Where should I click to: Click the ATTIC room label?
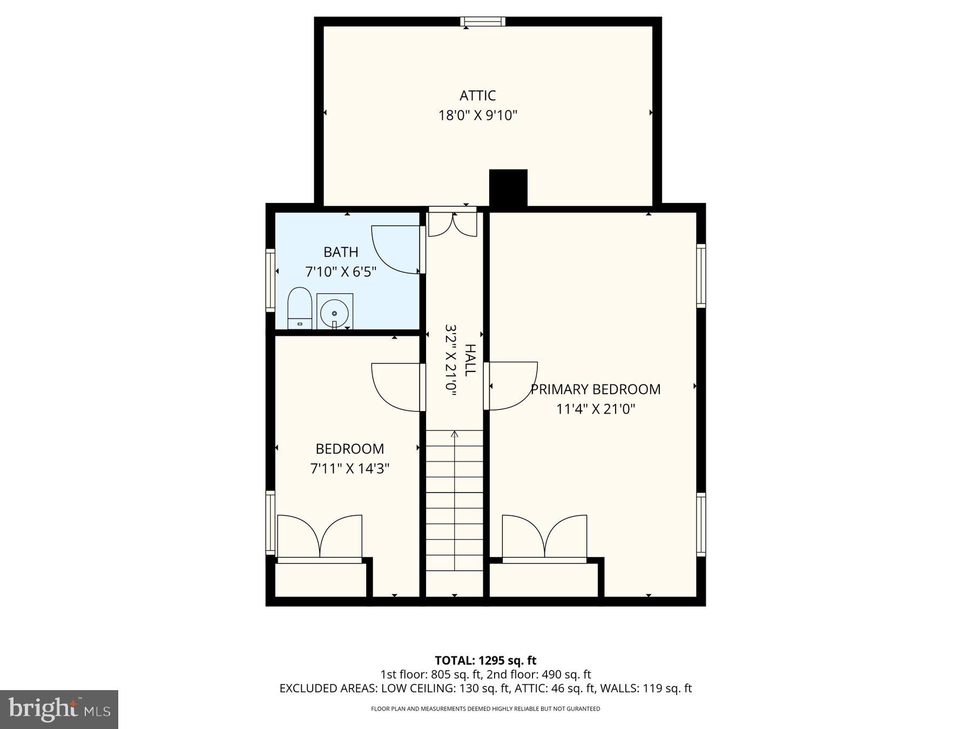(477, 96)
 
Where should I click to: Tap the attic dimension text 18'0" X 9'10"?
(477, 115)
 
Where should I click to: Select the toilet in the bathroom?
(300, 308)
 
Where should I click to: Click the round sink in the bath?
(334, 312)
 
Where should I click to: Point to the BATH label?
(341, 252)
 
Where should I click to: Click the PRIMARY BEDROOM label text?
(595, 389)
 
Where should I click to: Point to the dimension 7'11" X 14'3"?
(349, 468)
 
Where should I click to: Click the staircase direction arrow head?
(454, 433)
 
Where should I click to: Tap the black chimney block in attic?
(508, 188)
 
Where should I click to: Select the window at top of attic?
(483, 22)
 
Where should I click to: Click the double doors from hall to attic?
(453, 224)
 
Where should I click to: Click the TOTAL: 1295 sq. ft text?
(485, 660)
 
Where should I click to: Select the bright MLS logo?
(59, 709)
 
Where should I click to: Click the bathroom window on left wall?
(270, 280)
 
